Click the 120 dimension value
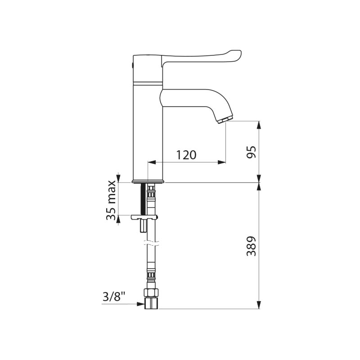coord(186,155)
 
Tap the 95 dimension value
coord(251,152)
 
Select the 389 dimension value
coord(251,246)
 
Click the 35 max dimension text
coord(111,200)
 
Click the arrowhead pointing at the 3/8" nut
coord(141,304)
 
